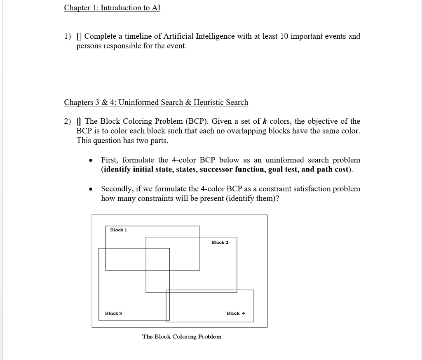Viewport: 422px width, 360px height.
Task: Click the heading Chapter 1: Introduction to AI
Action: pos(112,8)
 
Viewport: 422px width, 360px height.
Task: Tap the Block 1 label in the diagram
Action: pos(119,230)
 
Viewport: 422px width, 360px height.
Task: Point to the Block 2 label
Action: pos(220,242)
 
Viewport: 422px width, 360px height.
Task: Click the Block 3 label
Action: pos(113,313)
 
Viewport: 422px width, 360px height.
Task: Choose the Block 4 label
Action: pos(235,313)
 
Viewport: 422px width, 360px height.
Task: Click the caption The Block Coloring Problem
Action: pos(181,336)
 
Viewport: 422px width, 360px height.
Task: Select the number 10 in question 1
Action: pos(284,36)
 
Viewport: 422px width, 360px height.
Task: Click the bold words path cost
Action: pos(333,169)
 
